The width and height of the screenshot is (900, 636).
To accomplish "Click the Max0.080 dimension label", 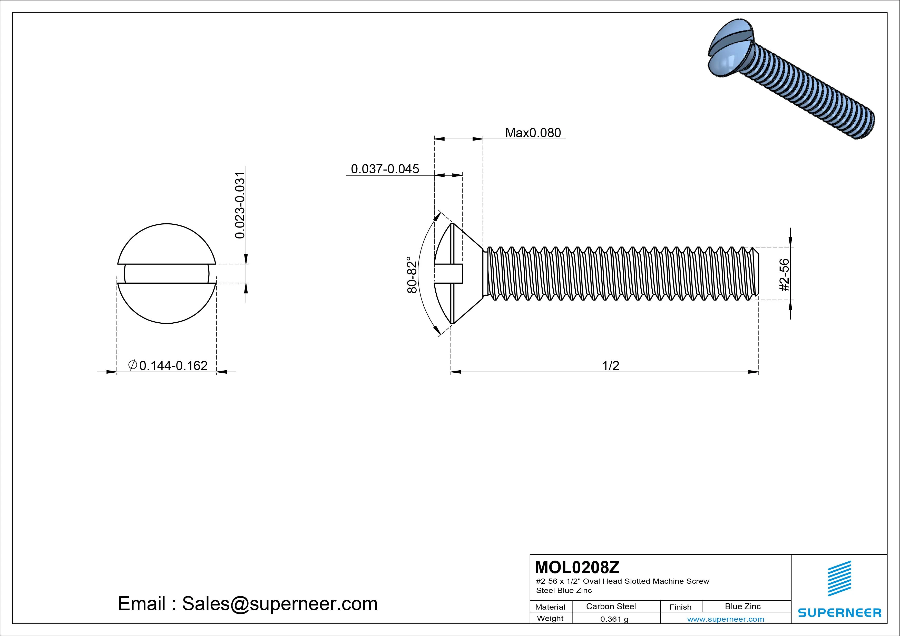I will tap(533, 133).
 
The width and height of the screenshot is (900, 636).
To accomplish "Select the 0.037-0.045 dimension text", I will tap(385, 169).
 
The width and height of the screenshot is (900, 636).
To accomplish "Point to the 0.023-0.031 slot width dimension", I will tap(240, 205).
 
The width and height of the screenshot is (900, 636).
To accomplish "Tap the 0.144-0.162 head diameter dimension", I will tap(173, 366).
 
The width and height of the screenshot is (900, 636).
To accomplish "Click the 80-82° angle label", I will tap(412, 275).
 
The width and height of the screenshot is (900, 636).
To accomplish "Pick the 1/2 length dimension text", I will tap(610, 366).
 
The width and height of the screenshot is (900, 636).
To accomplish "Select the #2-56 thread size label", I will tap(784, 275).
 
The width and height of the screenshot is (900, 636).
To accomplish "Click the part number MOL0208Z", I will tap(577, 567).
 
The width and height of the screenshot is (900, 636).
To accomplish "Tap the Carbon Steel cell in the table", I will tap(611, 607).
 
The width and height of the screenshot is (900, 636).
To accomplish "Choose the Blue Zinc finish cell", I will tap(742, 607).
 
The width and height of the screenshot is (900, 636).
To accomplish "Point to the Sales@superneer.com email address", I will tap(279, 604).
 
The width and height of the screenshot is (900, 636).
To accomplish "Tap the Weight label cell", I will tap(550, 618).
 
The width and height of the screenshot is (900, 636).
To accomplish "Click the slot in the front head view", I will tap(167, 274).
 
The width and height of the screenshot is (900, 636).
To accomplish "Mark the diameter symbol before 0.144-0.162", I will tap(132, 365).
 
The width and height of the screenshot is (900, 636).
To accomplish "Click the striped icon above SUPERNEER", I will tap(839, 578).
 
